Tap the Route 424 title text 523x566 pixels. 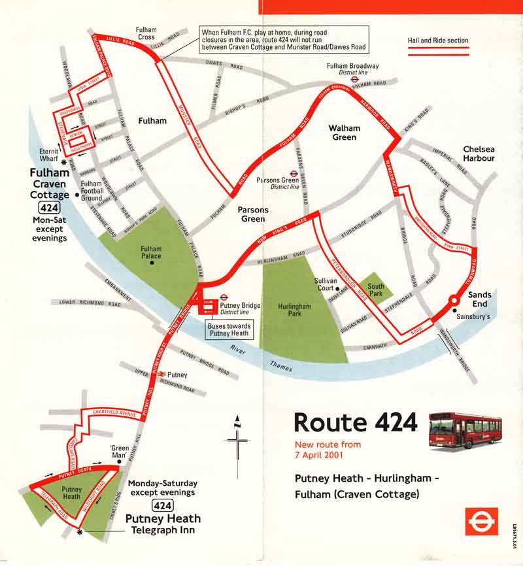pos(355,423)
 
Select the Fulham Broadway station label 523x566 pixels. pos(353,67)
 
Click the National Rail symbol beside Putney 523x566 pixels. pos(160,375)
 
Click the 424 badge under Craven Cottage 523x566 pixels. pos(47,208)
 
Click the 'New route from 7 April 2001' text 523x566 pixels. pos(327,449)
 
